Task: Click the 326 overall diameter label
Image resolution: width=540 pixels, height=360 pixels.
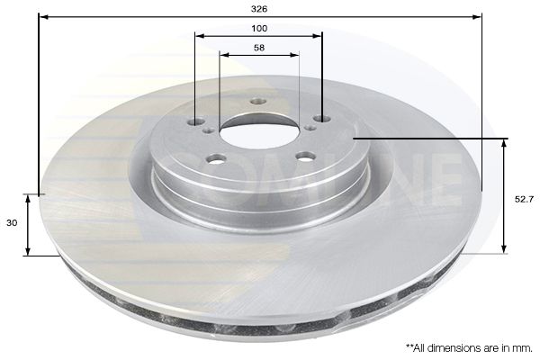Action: (259, 9)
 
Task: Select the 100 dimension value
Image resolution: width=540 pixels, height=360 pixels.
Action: (259, 28)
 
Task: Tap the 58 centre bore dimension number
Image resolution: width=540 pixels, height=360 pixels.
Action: (259, 48)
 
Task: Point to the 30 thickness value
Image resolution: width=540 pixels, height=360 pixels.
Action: (12, 223)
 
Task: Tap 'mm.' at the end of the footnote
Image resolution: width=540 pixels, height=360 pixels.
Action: (525, 348)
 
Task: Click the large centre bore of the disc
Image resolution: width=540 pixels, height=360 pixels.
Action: (259, 132)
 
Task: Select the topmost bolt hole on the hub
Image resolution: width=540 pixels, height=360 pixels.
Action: (258, 102)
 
